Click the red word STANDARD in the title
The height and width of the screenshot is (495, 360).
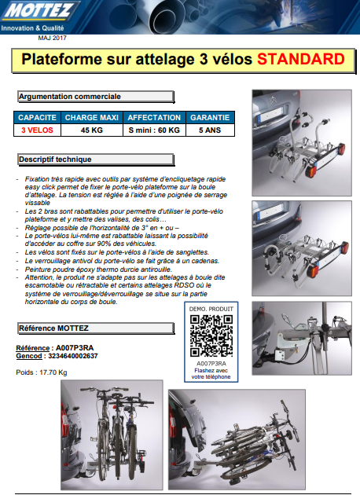[300, 59]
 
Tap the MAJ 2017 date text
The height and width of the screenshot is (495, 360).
[53, 37]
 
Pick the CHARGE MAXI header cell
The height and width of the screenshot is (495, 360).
[91, 118]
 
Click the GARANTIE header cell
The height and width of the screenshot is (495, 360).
[210, 118]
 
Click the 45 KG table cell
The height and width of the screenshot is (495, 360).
[91, 130]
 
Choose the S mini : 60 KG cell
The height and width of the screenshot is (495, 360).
[155, 130]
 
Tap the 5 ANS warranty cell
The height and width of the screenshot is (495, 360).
[210, 130]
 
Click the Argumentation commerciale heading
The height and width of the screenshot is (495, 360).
[69, 97]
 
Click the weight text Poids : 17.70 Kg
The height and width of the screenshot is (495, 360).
[42, 372]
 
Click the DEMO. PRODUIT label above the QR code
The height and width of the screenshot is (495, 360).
[211, 310]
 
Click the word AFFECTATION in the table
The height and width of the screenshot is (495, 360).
[155, 118]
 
